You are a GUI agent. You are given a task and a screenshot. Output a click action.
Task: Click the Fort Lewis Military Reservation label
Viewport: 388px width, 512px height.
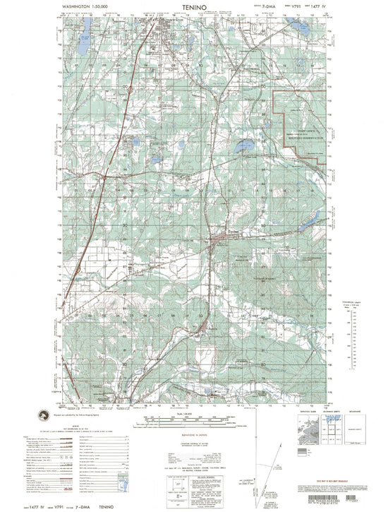(x=303, y=138)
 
